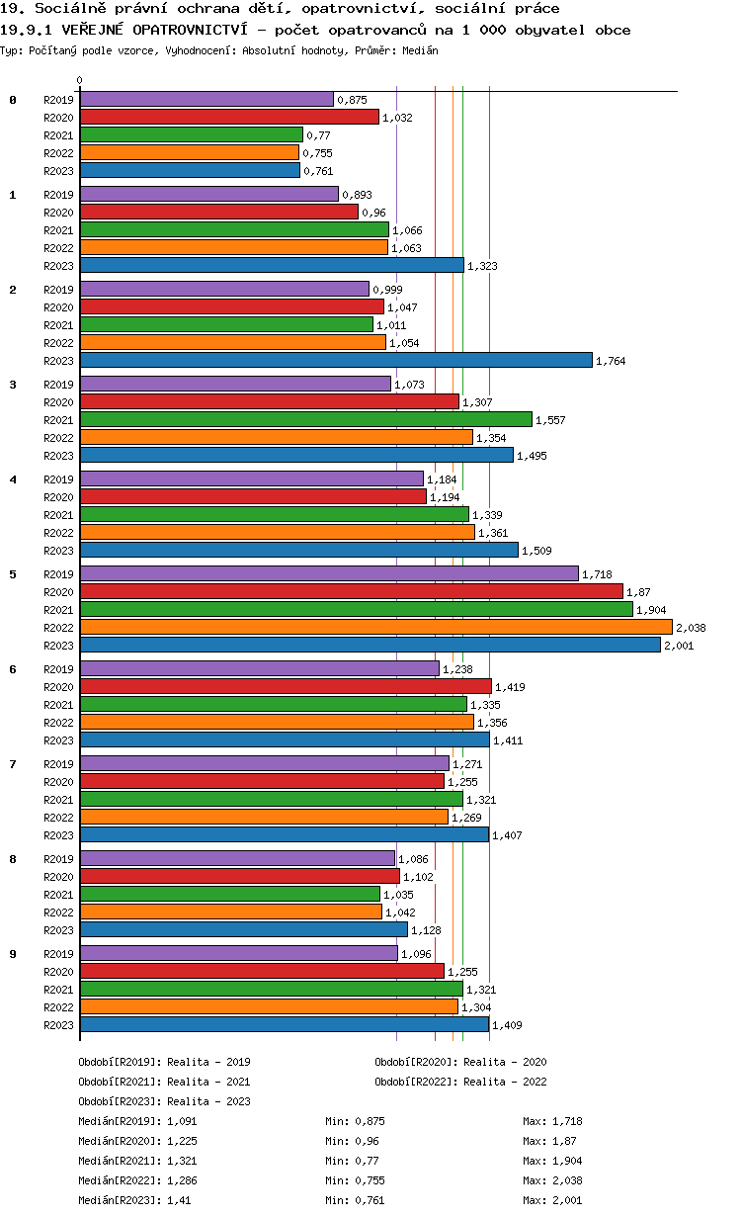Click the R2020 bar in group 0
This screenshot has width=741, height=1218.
(229, 117)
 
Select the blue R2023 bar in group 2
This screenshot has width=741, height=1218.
(336, 361)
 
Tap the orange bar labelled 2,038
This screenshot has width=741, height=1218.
(375, 628)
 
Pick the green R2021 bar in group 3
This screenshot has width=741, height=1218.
(305, 419)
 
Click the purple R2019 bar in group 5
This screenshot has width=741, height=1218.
(329, 573)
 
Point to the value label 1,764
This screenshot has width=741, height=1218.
(611, 361)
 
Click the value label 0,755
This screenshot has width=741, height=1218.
(317, 153)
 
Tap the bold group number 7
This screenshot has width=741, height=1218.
(13, 764)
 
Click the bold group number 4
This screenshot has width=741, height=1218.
(13, 479)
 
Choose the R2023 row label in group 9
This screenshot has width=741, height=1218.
(59, 1025)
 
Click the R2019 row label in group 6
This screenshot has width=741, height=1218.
(59, 669)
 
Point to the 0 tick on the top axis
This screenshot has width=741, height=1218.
(80, 80)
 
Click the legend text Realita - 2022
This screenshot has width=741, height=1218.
(505, 1082)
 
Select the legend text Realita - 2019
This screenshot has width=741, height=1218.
(208, 1062)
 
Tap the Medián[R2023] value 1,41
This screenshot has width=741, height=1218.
(180, 1200)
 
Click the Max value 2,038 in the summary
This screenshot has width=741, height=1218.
(566, 1180)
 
